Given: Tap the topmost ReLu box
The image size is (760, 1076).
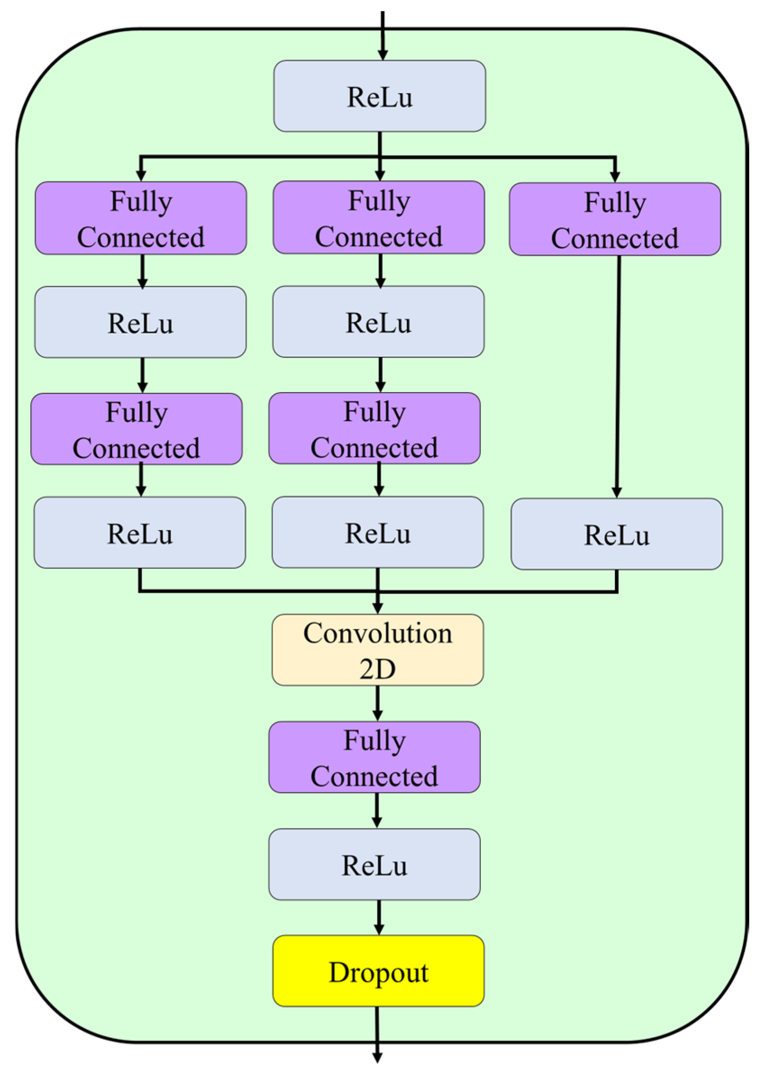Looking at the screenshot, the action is pyautogui.click(x=380, y=96).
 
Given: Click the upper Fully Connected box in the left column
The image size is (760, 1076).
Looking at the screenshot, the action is pyautogui.click(x=140, y=218).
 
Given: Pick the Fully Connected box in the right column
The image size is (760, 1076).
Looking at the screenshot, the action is pyautogui.click(x=615, y=219).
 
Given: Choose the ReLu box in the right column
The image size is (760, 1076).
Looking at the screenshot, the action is pyautogui.click(x=617, y=534).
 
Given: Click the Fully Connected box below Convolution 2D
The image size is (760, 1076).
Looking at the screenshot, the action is pyautogui.click(x=375, y=757).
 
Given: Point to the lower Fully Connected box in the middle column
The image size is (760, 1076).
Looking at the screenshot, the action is pyautogui.click(x=375, y=428).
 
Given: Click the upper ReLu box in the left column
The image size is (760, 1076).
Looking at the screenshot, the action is pyautogui.click(x=140, y=322).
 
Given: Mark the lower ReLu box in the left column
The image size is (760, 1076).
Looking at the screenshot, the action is pyautogui.click(x=140, y=533).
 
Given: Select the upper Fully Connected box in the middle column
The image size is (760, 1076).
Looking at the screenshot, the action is pyautogui.click(x=379, y=217).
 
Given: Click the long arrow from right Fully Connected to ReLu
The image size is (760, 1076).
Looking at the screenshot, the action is pyautogui.click(x=618, y=377).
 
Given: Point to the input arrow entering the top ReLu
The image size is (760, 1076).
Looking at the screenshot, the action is pyautogui.click(x=383, y=36).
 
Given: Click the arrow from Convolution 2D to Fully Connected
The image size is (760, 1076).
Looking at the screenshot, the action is pyautogui.click(x=378, y=703).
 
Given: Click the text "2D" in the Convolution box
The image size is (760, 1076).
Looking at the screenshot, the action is pyautogui.click(x=378, y=669).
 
